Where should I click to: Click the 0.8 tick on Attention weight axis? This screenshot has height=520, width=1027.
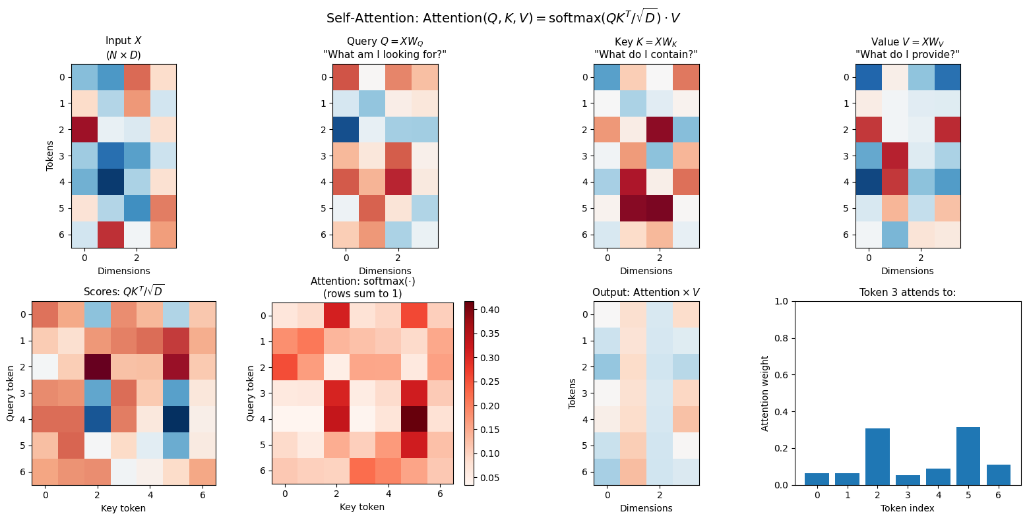tap(784, 338)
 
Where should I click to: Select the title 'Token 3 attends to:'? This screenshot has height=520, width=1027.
tap(907, 293)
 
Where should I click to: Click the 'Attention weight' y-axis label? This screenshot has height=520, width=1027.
tap(765, 393)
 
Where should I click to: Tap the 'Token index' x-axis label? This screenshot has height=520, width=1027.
tap(907, 508)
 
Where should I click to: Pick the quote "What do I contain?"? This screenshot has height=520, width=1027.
tap(646, 54)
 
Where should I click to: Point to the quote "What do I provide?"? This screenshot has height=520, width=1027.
tap(907, 54)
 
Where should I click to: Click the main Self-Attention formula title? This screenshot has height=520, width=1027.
tap(513, 18)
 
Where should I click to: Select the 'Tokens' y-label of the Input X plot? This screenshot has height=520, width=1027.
tap(50, 156)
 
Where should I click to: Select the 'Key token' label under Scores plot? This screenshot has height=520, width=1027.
tap(124, 508)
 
